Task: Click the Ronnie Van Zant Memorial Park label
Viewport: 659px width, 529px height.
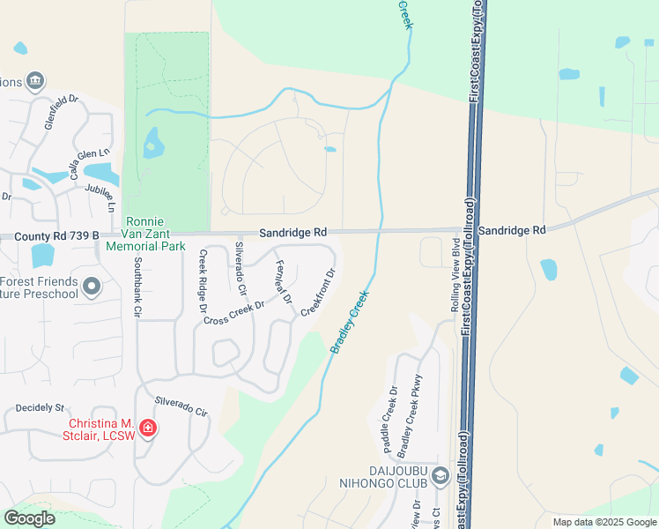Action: pyautogui.click(x=156, y=234)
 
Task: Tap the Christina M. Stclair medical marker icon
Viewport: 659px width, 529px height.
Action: pyautogui.click(x=148, y=428)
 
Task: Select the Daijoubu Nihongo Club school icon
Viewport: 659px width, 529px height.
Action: pyautogui.click(x=441, y=477)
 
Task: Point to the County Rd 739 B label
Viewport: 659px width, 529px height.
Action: pyautogui.click(x=49, y=237)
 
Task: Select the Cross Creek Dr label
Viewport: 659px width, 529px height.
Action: pyautogui.click(x=233, y=313)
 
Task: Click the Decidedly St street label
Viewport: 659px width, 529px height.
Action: pyautogui.click(x=41, y=408)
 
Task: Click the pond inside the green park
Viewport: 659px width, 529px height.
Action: pyautogui.click(x=154, y=142)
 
